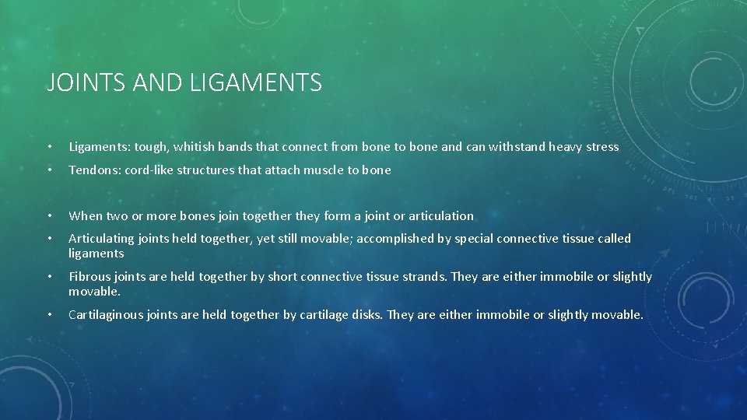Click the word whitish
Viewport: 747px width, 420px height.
pos(195,147)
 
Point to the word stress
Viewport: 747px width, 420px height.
pos(601,147)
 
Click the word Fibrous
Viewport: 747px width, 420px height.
pos(89,277)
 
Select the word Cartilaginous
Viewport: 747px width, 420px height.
pos(107,315)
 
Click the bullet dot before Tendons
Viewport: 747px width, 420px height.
pos(49,170)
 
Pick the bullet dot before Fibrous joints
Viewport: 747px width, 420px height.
pos(49,277)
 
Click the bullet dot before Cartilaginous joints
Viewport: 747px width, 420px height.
pos(49,315)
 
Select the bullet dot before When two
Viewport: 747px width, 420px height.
pos(49,216)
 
